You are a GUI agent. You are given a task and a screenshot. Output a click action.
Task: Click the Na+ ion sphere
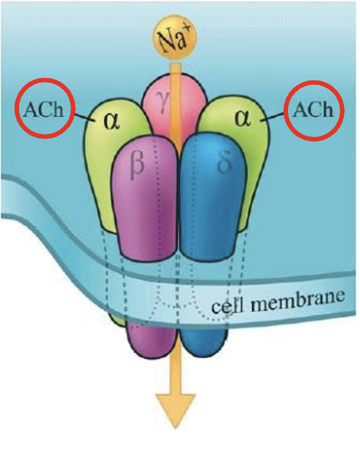pos(175,40)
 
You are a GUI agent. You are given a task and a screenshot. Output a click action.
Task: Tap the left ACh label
pos(44,109)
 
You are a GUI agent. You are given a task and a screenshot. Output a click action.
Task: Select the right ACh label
pos(313,110)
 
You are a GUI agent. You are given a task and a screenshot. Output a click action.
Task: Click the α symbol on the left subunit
pos(112,121)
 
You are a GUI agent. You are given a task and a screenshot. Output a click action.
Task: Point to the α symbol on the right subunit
pos(243,118)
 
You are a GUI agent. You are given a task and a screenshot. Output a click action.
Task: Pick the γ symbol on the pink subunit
pos(162,104)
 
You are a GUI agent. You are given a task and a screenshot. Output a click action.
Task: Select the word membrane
pos(297,301)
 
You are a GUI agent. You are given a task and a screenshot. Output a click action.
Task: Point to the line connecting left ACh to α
pos(85,117)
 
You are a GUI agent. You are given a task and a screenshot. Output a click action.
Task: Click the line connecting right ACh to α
pos(273,117)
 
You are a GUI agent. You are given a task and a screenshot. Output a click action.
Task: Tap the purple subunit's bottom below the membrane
pos(152,341)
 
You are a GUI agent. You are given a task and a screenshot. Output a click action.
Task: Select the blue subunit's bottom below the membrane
pos(204,341)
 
